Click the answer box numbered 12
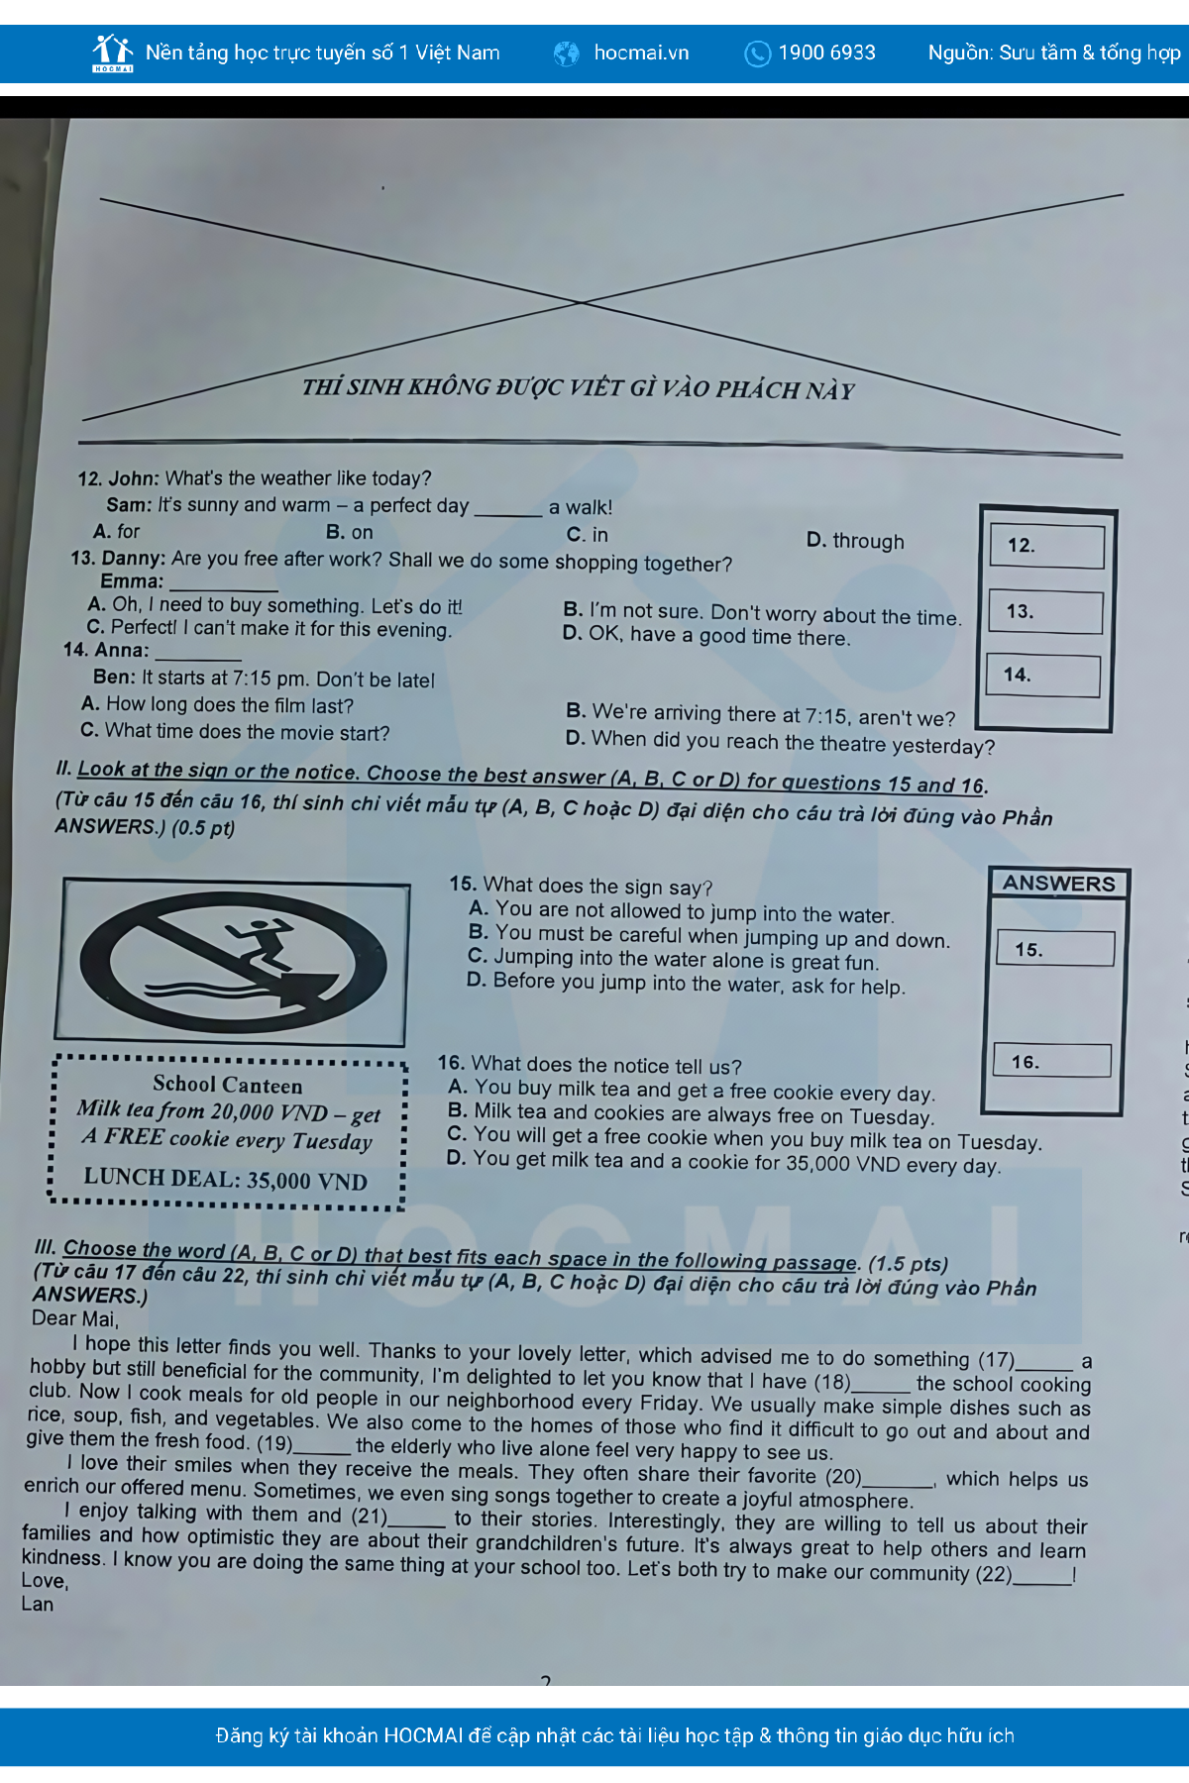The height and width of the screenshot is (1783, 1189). click(x=1047, y=546)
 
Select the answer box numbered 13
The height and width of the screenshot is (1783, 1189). click(x=1045, y=612)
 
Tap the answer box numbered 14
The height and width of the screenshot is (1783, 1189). click(x=1043, y=676)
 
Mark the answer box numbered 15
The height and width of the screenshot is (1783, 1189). click(x=1055, y=949)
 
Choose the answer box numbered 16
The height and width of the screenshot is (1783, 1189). click(x=1052, y=1060)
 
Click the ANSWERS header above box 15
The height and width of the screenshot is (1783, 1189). click(x=1058, y=884)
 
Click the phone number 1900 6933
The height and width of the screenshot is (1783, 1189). click(x=827, y=52)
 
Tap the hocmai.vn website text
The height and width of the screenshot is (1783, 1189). click(x=641, y=52)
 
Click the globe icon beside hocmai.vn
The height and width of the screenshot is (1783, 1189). click(x=567, y=53)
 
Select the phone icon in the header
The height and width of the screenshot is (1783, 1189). click(x=757, y=53)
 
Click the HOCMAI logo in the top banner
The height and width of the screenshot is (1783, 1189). click(x=112, y=53)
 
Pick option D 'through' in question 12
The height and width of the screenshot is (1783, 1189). click(x=855, y=541)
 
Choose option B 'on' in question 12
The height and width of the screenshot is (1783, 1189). click(x=350, y=533)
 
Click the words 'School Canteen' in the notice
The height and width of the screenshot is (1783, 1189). click(x=228, y=1086)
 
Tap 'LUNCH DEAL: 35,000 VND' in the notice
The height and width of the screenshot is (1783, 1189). click(x=226, y=1180)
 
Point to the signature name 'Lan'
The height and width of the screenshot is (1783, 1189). click(x=38, y=1604)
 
